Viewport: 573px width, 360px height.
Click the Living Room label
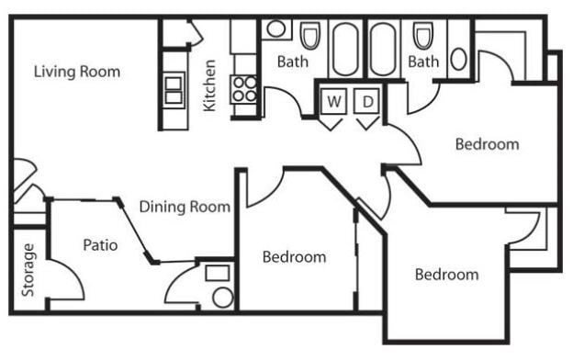pyautogui.click(x=77, y=72)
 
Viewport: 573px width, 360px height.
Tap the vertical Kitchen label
pyautogui.click(x=210, y=85)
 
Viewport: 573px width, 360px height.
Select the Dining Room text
pyautogui.click(x=185, y=207)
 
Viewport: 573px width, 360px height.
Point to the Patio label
pyautogui.click(x=100, y=245)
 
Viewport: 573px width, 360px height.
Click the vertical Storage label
pyautogui.click(x=28, y=270)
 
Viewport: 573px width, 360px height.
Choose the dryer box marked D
pyautogui.click(x=366, y=101)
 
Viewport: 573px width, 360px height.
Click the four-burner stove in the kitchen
pyautogui.click(x=244, y=89)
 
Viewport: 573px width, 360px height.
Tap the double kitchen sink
pyautogui.click(x=174, y=90)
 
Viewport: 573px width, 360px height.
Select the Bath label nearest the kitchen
pyautogui.click(x=293, y=62)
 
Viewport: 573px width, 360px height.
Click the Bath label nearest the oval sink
pyautogui.click(x=423, y=62)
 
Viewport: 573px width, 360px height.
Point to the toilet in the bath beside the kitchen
pyautogui.click(x=309, y=37)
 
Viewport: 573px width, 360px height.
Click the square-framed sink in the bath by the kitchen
pyautogui.click(x=275, y=29)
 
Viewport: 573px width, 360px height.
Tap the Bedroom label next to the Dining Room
pyautogui.click(x=294, y=257)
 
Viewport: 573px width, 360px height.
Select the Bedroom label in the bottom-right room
pyautogui.click(x=446, y=275)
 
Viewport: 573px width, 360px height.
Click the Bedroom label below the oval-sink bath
pyautogui.click(x=488, y=144)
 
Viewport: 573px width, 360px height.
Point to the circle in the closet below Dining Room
pyautogui.click(x=222, y=296)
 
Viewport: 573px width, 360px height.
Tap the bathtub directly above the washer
pyautogui.click(x=345, y=48)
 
